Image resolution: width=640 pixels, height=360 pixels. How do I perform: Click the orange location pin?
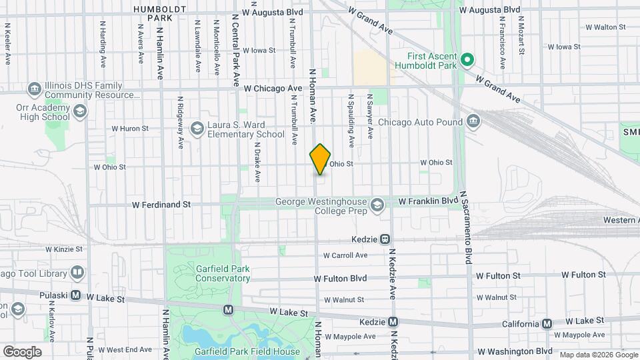[x=321, y=159]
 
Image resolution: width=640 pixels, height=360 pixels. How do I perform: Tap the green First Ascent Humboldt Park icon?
[x=467, y=59]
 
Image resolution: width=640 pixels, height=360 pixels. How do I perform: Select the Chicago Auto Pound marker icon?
[x=473, y=121]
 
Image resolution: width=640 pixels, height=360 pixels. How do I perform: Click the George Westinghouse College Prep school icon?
[x=378, y=203]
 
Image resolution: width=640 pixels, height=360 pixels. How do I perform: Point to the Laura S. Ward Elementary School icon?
[x=197, y=128]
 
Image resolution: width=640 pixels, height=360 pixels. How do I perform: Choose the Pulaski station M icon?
[x=75, y=295]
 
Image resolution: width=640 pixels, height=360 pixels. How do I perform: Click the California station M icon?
[x=547, y=323]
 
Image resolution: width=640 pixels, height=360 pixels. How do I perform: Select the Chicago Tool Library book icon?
[x=78, y=273]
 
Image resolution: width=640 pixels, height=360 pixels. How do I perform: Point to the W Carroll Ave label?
[x=345, y=255]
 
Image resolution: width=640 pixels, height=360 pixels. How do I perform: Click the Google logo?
[x=23, y=352]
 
